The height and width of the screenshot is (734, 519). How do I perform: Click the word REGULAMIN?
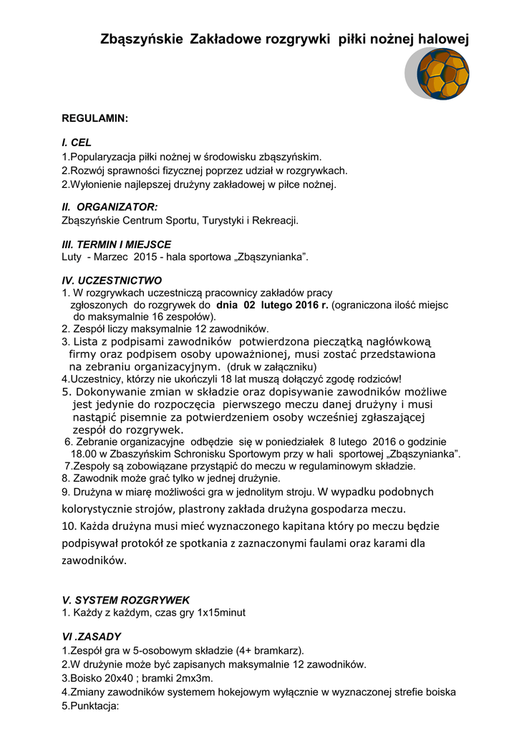tap(94, 118)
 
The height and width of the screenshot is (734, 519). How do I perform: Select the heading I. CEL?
tap(77, 143)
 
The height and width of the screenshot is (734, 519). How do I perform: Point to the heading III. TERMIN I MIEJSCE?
tap(117, 244)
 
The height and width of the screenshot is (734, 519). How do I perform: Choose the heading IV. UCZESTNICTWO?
tap(112, 280)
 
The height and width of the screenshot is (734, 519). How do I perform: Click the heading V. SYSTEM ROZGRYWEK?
tap(125, 599)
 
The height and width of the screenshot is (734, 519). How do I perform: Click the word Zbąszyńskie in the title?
tap(142, 42)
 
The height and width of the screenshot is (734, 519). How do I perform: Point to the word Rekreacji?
tap(274, 220)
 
